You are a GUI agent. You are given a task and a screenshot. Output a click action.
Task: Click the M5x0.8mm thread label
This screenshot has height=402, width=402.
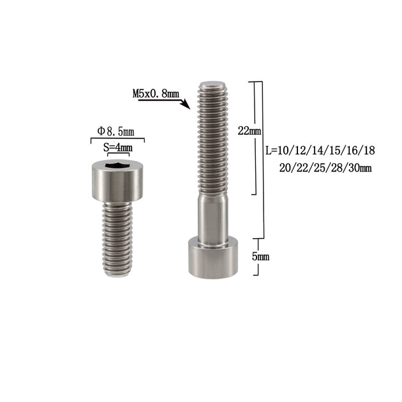coord(156,94)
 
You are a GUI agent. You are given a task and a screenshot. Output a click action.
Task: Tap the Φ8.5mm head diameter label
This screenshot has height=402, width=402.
coord(115,132)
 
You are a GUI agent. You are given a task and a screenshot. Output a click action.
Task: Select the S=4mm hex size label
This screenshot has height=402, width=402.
coord(118,147)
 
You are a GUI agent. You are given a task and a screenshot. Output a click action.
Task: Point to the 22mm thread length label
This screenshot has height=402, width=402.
coord(249,131)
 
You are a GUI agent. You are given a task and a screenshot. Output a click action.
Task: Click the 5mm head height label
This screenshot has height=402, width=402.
coord(261,257)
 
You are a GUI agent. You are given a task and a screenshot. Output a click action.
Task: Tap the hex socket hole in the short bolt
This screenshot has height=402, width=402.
coord(117,165)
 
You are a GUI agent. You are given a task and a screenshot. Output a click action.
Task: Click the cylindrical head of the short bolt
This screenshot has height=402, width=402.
coord(117,181)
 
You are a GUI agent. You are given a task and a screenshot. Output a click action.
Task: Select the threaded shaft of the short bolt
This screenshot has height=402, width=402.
coord(117,239)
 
